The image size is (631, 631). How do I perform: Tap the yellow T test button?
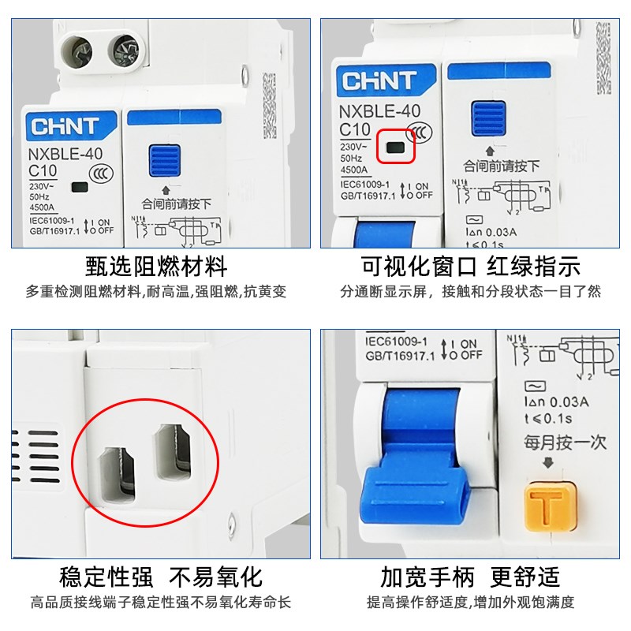click(x=544, y=505)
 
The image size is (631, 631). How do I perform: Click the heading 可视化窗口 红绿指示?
click(x=471, y=266)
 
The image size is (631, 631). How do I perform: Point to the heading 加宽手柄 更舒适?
click(x=470, y=577)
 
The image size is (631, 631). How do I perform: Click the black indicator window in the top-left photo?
click(x=80, y=188)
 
